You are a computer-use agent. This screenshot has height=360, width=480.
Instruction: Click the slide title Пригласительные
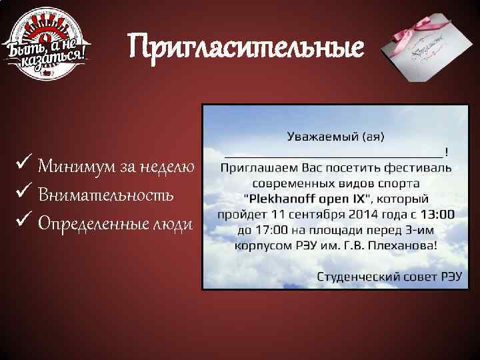click(x=247, y=47)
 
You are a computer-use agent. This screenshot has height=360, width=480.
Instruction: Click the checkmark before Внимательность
click(x=25, y=195)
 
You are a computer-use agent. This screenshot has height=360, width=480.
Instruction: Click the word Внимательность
click(x=106, y=195)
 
